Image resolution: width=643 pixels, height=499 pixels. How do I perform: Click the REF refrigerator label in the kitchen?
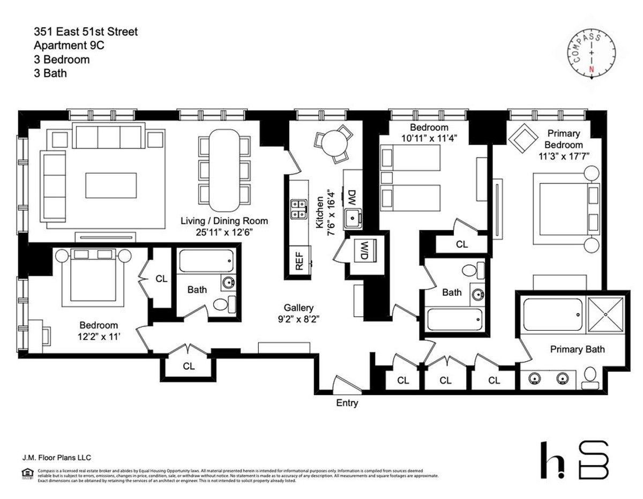298,260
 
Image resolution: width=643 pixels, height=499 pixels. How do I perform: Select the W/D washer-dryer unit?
364,250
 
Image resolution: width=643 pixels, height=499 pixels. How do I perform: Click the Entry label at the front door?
347,403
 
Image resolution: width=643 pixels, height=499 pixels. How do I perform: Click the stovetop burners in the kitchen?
298,209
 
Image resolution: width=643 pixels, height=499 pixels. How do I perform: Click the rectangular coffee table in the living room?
111,185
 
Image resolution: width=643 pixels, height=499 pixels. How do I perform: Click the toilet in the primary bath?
590,377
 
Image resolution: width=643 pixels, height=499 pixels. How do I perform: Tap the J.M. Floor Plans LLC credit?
53,457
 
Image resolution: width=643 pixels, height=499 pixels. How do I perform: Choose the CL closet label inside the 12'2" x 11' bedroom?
161,279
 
